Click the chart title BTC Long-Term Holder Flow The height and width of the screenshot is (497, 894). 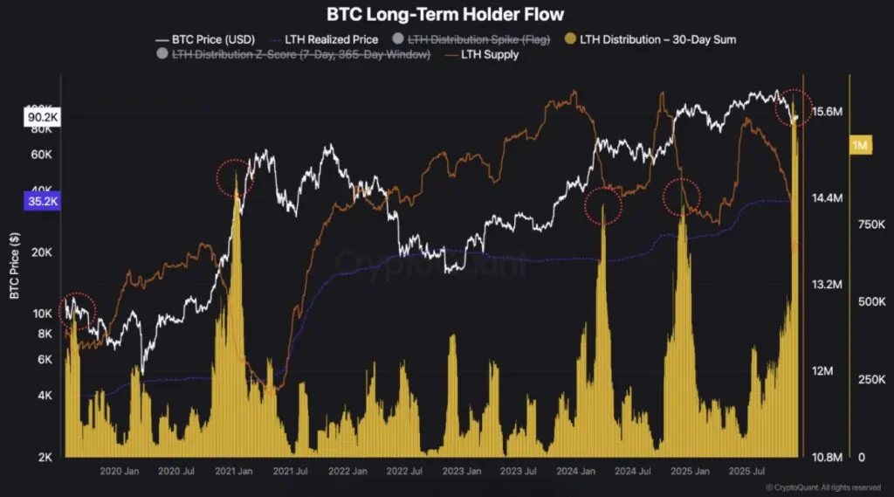445,14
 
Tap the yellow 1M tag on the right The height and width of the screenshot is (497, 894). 861,145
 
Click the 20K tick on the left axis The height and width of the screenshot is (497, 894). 43,252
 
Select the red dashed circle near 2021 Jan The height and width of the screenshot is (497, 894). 234,177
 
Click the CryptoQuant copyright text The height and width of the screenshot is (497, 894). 822,487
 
